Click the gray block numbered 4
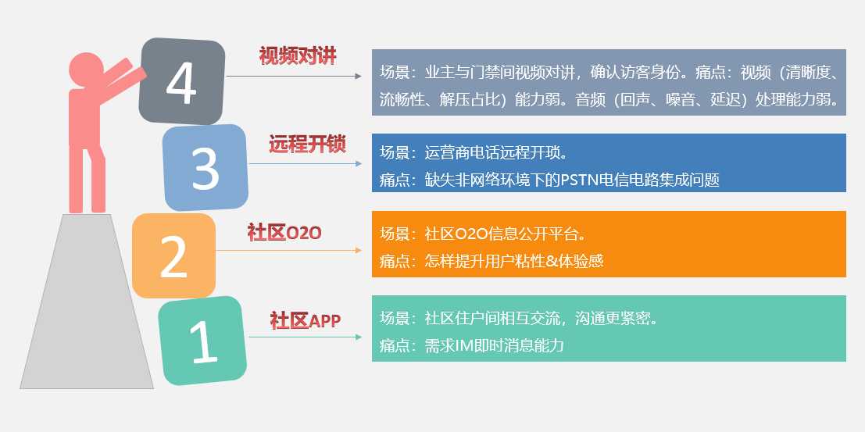point(182,81)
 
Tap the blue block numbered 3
point(206,167)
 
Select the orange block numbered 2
point(173,255)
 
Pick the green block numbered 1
point(202,341)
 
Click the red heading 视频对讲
point(298,55)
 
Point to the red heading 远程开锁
point(307,144)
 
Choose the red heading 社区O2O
point(284,233)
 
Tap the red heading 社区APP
point(305,320)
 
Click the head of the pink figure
point(86,70)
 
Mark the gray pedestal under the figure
point(88,302)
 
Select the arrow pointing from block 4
point(294,76)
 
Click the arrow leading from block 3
point(305,164)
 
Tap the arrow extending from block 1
point(305,337)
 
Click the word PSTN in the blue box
point(577,180)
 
